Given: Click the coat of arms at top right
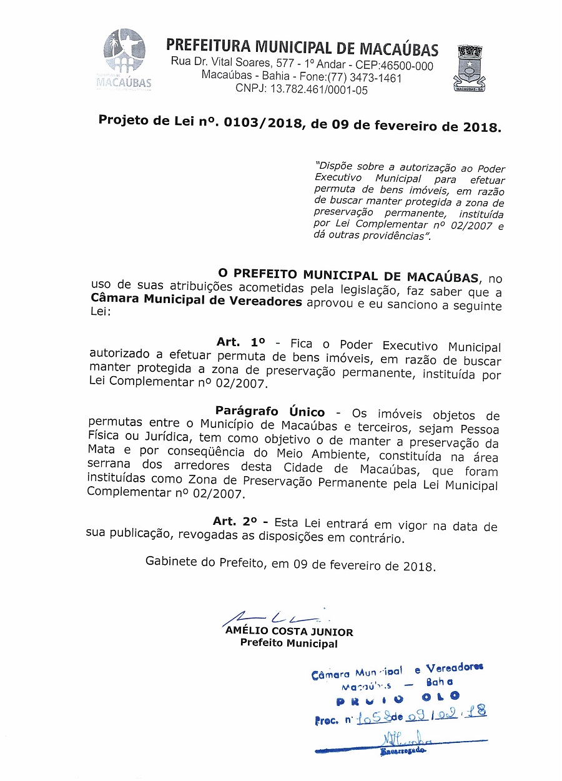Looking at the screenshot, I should [x=470, y=68].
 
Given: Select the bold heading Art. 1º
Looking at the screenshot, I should [x=240, y=343].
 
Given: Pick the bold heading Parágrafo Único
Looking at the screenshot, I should [x=270, y=412].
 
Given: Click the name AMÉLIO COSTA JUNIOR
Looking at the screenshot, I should [x=289, y=632].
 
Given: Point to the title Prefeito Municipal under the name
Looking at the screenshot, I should [x=288, y=644].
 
